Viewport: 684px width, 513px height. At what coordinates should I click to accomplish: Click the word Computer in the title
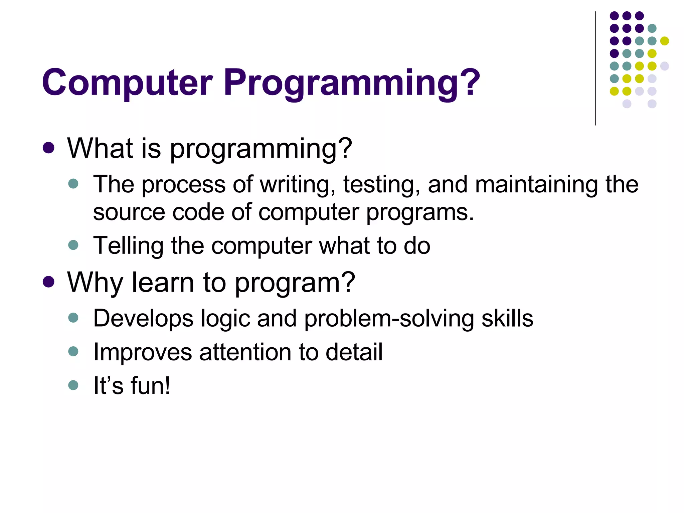click(x=127, y=82)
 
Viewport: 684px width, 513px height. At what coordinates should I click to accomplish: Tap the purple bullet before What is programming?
click(x=49, y=148)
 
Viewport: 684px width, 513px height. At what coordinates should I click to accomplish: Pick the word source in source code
click(x=129, y=213)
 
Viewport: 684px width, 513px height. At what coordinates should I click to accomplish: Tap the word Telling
click(x=128, y=246)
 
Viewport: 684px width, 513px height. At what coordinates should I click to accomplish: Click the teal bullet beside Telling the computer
click(x=73, y=245)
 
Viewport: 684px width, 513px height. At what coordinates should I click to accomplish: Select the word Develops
click(x=143, y=319)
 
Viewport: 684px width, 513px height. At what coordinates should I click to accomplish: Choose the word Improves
click(x=143, y=352)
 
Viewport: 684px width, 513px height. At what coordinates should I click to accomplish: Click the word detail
click(x=354, y=352)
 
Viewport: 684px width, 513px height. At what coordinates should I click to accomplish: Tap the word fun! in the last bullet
click(x=150, y=386)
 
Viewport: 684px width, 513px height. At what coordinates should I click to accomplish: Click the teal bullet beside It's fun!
click(x=73, y=385)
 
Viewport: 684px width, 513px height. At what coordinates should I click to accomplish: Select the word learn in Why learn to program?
click(x=163, y=283)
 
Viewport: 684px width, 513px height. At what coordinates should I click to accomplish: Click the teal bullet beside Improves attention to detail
click(x=73, y=351)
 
